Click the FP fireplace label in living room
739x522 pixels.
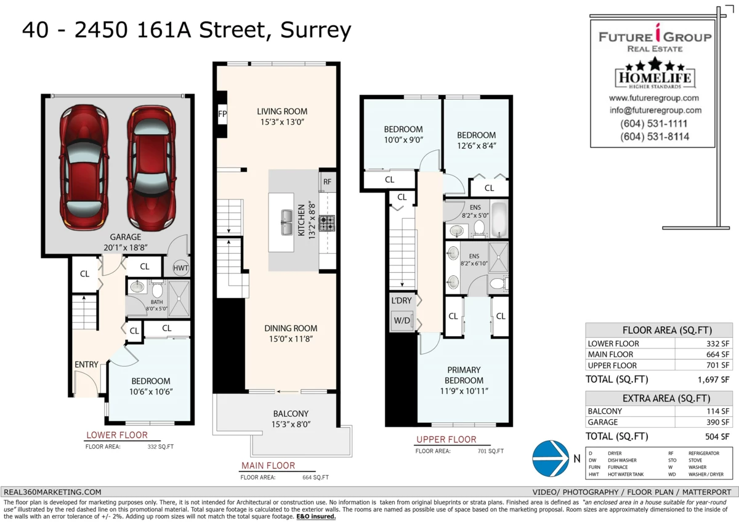(x=222, y=114)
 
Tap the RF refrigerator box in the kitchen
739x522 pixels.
(x=327, y=182)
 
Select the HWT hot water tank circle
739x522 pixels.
(x=181, y=267)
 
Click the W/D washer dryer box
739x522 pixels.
(x=402, y=320)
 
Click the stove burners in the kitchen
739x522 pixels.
(x=327, y=222)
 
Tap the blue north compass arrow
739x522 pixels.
(x=550, y=459)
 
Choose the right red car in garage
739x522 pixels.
(x=151, y=167)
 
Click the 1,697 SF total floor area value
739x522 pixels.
(x=717, y=380)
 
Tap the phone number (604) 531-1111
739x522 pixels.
(x=655, y=124)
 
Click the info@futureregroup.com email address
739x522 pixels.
(x=655, y=110)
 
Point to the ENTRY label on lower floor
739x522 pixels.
(x=86, y=364)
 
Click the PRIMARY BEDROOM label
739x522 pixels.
(x=464, y=375)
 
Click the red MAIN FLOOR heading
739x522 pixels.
(x=268, y=465)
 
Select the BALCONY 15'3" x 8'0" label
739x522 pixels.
(x=291, y=419)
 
